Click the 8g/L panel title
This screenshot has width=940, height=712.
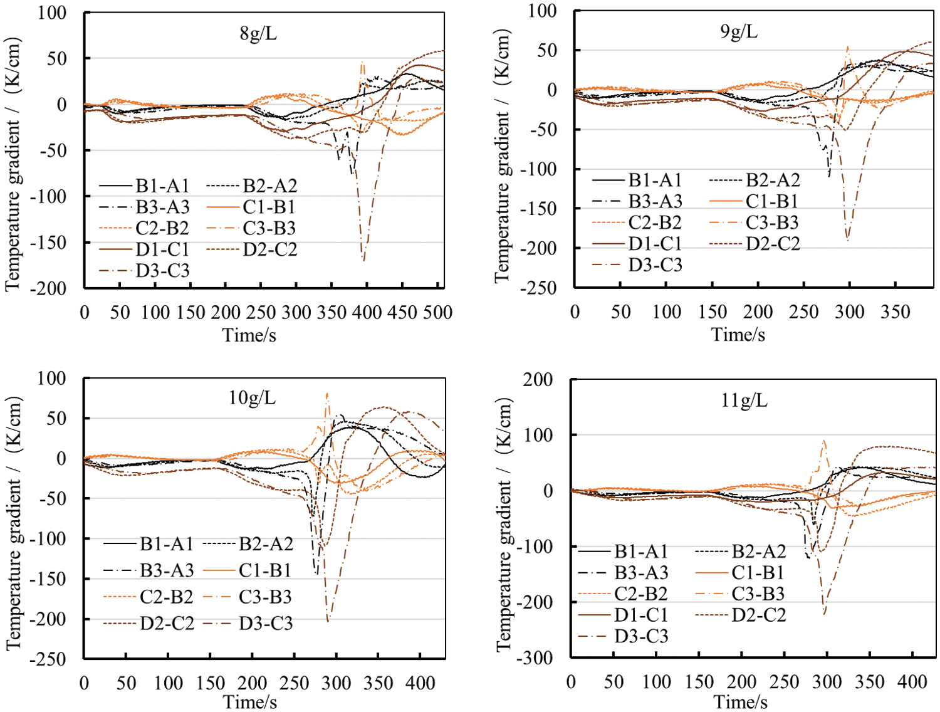click(x=258, y=33)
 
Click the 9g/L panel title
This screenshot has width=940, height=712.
click(x=739, y=31)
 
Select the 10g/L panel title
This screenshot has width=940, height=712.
click(x=252, y=397)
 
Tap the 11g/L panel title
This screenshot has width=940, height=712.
click(x=744, y=400)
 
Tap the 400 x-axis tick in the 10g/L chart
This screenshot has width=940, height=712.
click(x=420, y=683)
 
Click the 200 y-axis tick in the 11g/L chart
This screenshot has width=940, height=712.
click(x=538, y=380)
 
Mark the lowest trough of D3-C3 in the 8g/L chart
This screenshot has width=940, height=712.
click(x=363, y=260)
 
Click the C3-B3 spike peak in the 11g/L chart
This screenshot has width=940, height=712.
click(x=824, y=440)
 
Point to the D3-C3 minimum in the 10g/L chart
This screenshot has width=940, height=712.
click(x=328, y=621)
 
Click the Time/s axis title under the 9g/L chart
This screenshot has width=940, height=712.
click(x=738, y=335)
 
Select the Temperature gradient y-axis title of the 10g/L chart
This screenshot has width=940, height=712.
click(x=14, y=523)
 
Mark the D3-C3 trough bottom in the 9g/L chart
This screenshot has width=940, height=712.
click(x=848, y=240)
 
